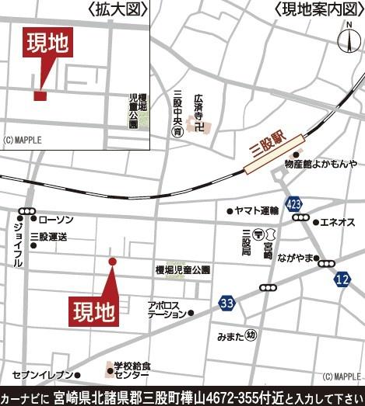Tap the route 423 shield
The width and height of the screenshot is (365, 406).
tap(293, 204)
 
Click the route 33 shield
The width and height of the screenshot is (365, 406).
tap(226, 302)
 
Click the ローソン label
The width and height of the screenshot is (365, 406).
tap(55, 220)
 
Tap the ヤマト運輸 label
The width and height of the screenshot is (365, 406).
tap(257, 210)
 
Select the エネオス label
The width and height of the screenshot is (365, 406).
tap(338, 222)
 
